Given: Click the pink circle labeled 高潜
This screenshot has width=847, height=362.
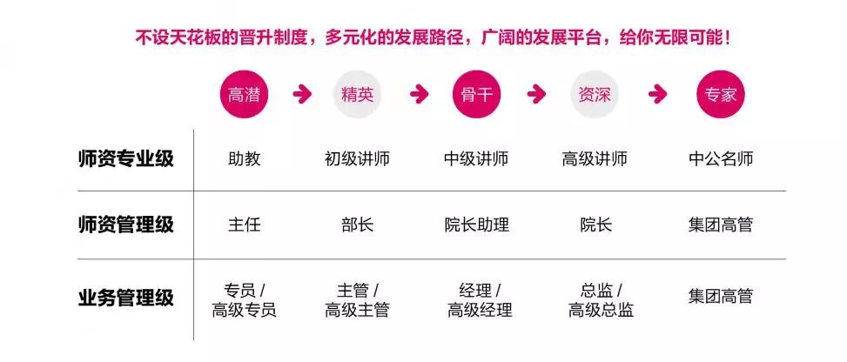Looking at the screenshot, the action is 244,95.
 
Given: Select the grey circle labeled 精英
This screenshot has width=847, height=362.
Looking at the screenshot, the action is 357,95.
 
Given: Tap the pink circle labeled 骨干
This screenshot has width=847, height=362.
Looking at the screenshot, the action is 477,95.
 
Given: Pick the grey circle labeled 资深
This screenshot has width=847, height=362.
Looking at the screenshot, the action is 595,95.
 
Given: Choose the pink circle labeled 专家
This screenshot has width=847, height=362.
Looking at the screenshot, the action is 721,95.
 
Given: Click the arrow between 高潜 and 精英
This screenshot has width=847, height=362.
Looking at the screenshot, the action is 302,95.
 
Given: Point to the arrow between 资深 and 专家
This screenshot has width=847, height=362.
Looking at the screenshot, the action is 657,95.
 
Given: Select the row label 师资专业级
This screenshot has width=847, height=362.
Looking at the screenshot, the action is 126,159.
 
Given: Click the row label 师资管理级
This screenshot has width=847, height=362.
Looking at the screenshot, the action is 126,225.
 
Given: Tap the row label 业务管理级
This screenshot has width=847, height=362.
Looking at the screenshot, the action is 126,298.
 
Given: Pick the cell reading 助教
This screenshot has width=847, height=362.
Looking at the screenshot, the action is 244,159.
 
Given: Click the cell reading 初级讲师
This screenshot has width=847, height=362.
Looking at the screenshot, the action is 357,159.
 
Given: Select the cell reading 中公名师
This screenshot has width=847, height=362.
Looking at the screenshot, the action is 721,159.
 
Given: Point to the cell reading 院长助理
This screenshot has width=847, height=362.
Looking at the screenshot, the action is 477,225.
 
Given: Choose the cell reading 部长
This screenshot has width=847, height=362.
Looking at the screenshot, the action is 357,225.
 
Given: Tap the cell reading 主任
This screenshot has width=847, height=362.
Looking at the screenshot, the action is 244,225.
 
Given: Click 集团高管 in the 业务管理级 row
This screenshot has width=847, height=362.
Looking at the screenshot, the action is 721,297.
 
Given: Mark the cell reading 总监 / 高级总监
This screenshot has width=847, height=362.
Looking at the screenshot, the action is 601,300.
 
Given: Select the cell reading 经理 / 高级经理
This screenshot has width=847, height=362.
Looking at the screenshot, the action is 480,300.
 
